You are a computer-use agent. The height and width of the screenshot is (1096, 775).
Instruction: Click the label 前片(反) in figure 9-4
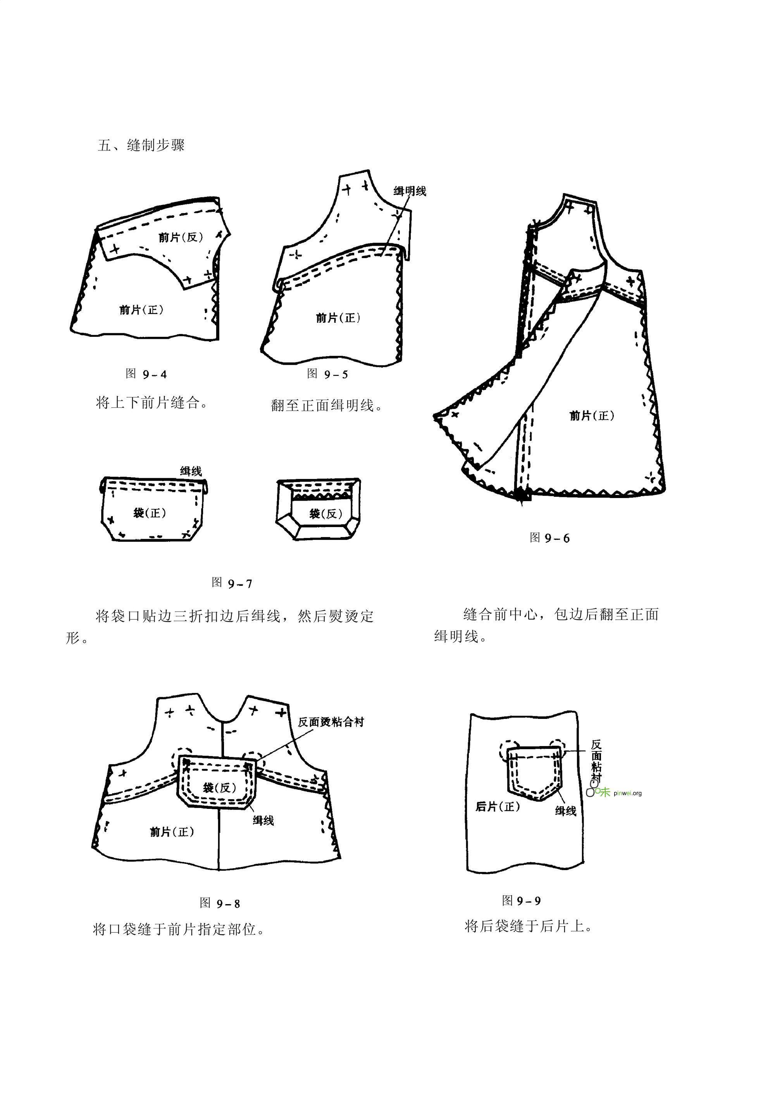point(181,237)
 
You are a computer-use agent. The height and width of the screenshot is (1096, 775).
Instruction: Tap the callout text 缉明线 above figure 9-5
point(410,191)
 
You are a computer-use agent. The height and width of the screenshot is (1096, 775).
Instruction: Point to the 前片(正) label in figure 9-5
point(338,317)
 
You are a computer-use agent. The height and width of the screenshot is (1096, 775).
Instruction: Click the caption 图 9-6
point(550,538)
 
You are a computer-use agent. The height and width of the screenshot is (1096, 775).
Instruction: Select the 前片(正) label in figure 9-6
point(592,415)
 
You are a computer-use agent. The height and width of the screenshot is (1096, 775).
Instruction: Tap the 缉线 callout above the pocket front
point(191,472)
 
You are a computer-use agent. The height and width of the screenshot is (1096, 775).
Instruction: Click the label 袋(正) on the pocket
point(149,513)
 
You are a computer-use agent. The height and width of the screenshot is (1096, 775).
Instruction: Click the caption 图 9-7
point(232,583)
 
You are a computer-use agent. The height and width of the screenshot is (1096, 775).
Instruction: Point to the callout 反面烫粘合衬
point(331,722)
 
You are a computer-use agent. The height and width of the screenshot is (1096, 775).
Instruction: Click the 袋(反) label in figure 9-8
point(220,787)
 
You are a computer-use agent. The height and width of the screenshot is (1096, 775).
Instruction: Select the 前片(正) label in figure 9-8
point(172,832)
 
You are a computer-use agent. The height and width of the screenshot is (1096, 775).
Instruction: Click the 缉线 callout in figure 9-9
point(565,811)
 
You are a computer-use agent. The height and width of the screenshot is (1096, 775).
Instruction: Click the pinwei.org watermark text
point(627,793)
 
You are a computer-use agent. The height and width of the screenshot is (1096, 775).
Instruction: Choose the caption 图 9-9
point(522,901)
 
